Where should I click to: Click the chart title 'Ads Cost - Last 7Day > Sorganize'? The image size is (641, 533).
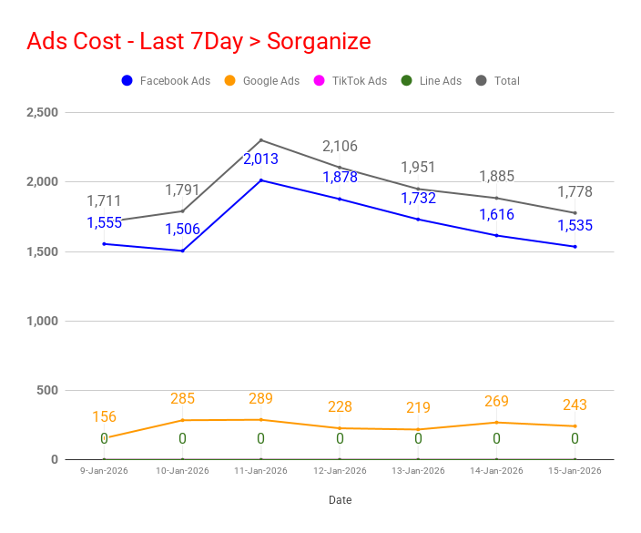point(198,42)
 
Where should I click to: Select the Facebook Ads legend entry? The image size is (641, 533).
point(166,81)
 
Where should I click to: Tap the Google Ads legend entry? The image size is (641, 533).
point(261,81)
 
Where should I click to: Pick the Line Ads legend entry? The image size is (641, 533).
point(431,81)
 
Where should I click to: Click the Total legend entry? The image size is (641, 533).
point(497,81)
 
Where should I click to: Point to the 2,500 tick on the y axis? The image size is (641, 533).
point(42,112)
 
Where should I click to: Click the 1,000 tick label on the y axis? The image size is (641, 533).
point(42,321)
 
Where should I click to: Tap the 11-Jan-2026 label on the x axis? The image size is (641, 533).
point(260,471)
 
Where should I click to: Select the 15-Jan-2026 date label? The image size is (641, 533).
point(575,471)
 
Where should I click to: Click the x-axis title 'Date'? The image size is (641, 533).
point(340,500)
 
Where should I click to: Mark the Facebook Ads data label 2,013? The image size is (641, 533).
point(260,159)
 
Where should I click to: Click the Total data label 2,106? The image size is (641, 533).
point(340,147)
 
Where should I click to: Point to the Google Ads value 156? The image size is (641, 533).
point(104,417)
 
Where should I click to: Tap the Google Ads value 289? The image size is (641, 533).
point(260,399)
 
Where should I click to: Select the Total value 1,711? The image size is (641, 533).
point(104,200)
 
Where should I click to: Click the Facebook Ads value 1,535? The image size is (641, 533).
point(575,225)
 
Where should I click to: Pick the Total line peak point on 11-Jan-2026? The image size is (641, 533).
point(261,140)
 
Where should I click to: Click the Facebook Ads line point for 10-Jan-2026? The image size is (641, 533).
point(182,251)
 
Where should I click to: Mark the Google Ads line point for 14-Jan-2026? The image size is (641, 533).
point(496,423)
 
